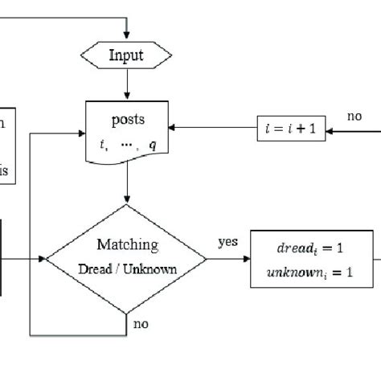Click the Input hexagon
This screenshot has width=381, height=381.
click(x=126, y=55)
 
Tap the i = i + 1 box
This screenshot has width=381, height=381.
click(x=291, y=127)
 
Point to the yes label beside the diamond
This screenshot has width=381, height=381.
click(x=227, y=240)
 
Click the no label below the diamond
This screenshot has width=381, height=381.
click(x=141, y=324)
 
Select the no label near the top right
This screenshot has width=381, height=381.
click(x=354, y=117)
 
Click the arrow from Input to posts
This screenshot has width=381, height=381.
click(x=126, y=84)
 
